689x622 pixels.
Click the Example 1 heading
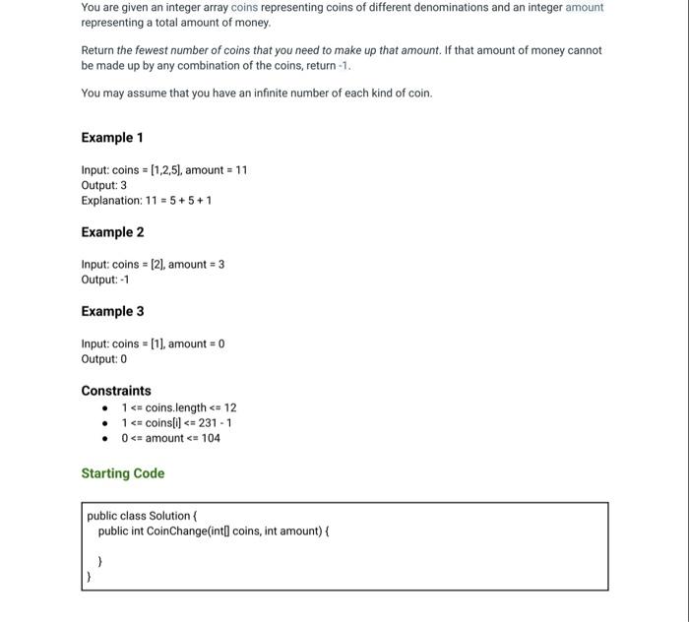[x=112, y=138]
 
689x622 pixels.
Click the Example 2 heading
[x=112, y=232]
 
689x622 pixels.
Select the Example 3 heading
[x=112, y=311]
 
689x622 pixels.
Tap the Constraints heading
[x=116, y=391]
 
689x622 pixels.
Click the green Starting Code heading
[x=123, y=473]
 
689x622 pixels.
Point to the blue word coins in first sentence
[x=244, y=7]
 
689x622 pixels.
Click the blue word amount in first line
[x=584, y=7]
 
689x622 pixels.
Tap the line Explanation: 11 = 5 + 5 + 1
[x=147, y=201]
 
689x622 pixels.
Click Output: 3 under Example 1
[x=103, y=185]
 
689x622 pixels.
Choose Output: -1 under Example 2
[x=105, y=280]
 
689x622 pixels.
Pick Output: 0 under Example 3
[x=103, y=359]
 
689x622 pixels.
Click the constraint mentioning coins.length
[x=178, y=407]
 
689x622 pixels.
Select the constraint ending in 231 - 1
[x=176, y=423]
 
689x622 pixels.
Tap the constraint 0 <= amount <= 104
[x=170, y=438]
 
